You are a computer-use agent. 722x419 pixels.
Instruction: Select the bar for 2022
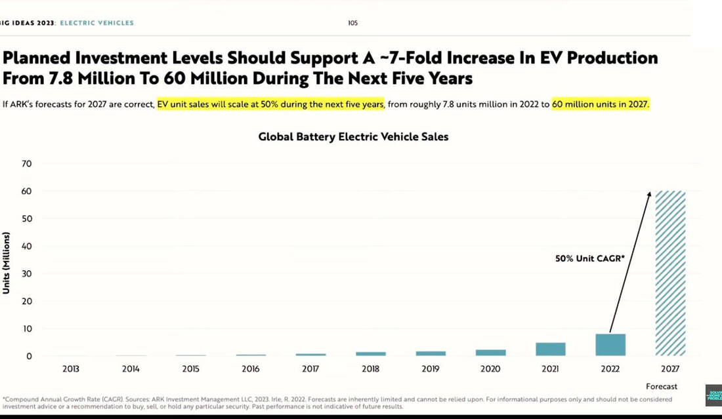610,345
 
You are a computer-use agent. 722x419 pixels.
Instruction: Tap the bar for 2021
550,349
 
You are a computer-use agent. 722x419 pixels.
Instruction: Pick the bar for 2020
490,352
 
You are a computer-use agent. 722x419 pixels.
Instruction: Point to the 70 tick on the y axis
28,163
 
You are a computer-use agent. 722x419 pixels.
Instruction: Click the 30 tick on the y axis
28,273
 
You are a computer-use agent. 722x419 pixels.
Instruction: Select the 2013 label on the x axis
70,369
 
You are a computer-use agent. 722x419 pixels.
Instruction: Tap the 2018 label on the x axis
370,369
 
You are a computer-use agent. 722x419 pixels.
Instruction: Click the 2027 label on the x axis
670,369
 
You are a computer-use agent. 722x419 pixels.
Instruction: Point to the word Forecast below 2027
662,386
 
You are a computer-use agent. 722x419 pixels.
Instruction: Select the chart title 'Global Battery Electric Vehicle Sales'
353,137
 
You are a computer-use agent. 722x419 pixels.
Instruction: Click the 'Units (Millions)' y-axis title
7,262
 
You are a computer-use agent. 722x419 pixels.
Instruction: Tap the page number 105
353,23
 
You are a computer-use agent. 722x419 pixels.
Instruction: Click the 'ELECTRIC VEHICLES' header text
96,23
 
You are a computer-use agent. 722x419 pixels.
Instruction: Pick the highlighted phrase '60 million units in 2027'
600,104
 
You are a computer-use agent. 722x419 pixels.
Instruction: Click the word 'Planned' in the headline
37,58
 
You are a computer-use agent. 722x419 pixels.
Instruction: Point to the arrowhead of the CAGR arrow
650,194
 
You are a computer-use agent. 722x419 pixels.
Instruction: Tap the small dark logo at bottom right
713,396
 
